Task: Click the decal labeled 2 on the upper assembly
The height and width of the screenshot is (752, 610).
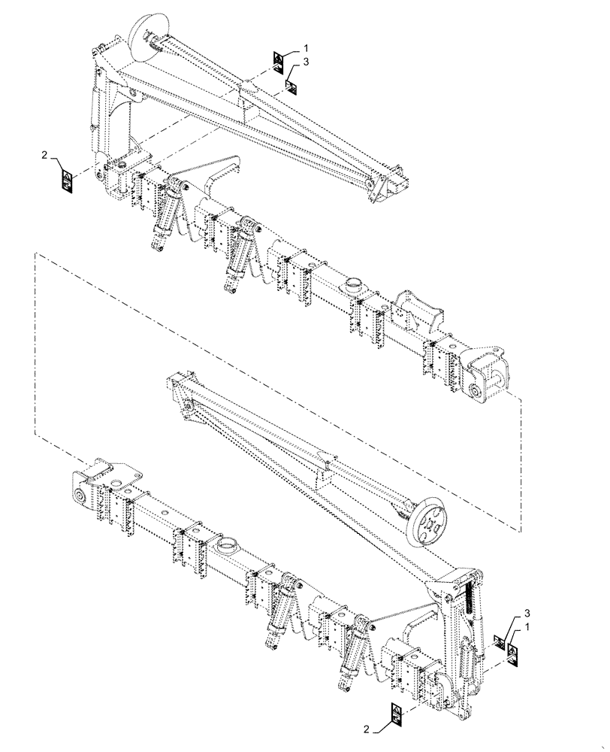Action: [67, 179]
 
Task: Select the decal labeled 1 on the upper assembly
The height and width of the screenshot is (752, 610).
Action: [278, 62]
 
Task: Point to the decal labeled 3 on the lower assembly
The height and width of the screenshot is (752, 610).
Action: [498, 641]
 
